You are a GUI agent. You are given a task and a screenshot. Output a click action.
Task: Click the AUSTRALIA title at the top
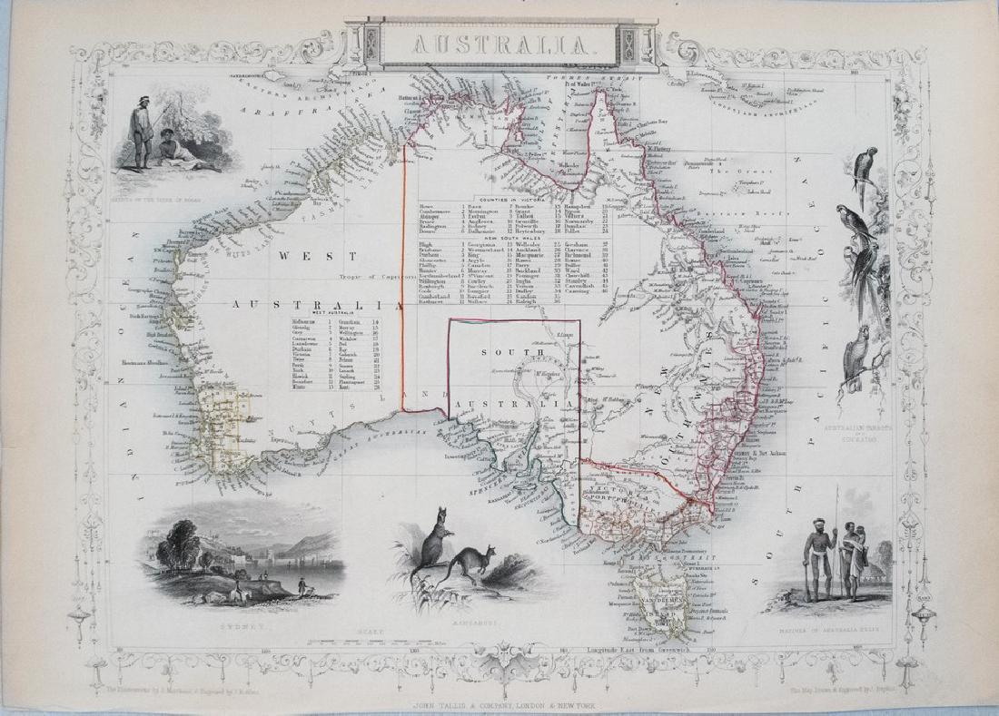tap(501, 43)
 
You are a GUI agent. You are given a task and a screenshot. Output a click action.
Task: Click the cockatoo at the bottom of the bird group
tap(856, 360)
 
